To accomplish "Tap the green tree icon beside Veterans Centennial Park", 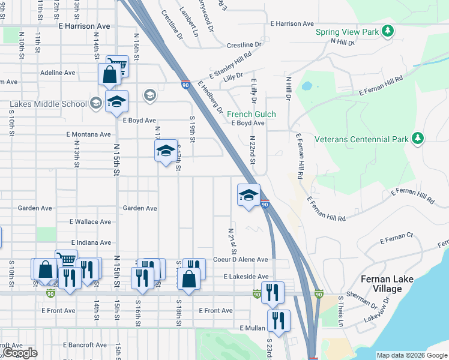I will (x=418, y=139).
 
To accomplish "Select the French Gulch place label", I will (x=251, y=114).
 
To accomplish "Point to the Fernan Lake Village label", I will (x=381, y=284).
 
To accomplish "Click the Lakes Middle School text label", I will (x=48, y=104).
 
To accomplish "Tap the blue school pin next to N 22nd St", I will (x=249, y=196).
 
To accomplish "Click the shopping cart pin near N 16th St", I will (x=117, y=66).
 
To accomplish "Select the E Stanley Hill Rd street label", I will (x=230, y=66).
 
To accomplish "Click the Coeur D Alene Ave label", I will (x=240, y=260).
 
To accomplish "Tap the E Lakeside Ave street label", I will (x=246, y=277).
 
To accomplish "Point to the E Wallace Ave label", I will (x=90, y=222).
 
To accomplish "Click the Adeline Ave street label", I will (x=58, y=73).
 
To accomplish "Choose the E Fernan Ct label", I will (x=397, y=239).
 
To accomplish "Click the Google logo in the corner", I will (x=21, y=353).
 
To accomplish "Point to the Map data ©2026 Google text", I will (x=412, y=355).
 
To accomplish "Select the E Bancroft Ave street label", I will (x=86, y=345).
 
